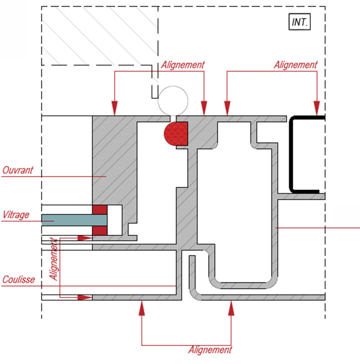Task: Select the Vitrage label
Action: click(16, 215)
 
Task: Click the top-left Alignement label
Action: click(183, 64)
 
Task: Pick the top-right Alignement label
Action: click(296, 64)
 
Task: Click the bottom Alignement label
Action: click(210, 350)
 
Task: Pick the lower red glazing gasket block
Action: click(100, 230)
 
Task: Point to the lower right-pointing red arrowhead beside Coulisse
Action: click(84, 297)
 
